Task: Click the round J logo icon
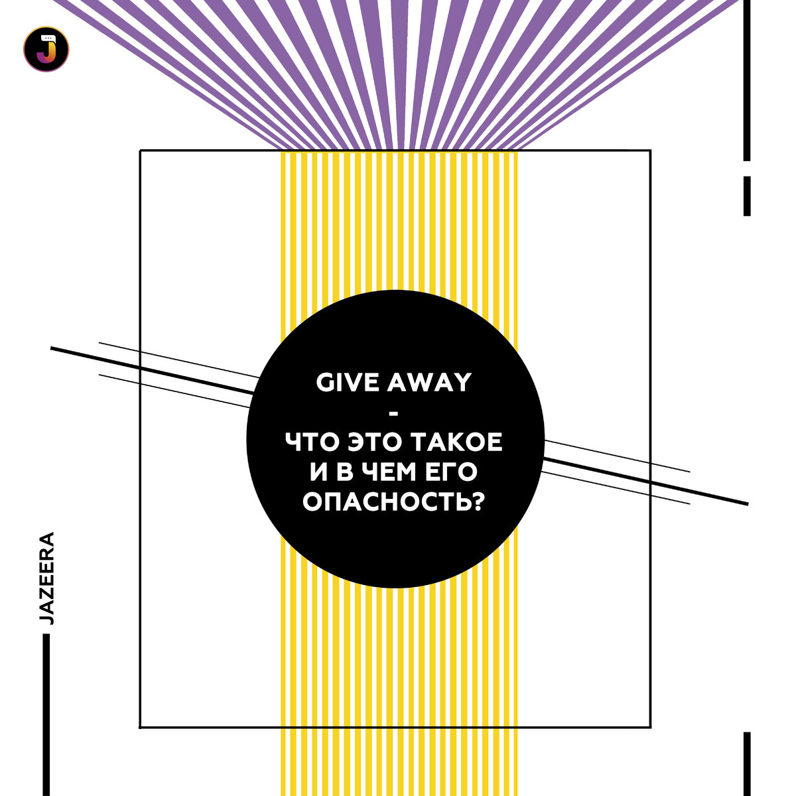(x=46, y=48)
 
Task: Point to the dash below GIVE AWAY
(x=395, y=414)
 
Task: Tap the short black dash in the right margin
(x=747, y=195)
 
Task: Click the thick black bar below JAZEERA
(x=46, y=713)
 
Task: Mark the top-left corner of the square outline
(x=140, y=151)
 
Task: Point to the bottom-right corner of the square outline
(x=650, y=727)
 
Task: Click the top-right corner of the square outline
(x=650, y=151)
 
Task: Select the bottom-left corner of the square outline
(x=140, y=727)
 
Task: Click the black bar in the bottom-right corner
(x=747, y=763)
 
